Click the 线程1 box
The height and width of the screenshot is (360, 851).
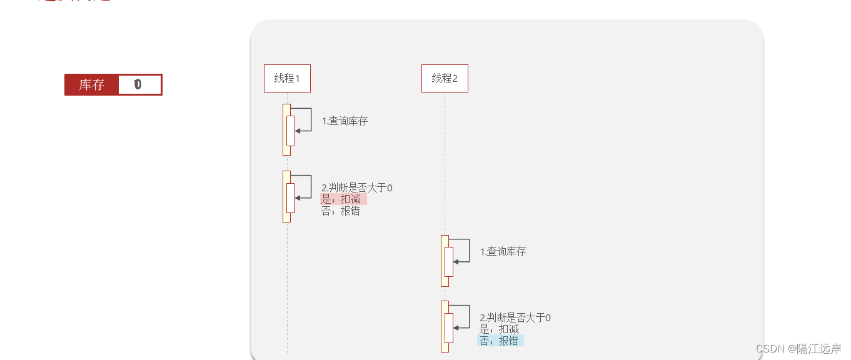click(x=287, y=78)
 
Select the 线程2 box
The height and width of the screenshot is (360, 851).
click(x=445, y=78)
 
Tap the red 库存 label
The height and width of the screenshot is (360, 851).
click(x=91, y=84)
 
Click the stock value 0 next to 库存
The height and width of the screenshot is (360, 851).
click(x=138, y=84)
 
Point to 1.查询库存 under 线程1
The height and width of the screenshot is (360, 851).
click(x=345, y=121)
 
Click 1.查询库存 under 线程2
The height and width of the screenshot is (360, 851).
click(x=503, y=252)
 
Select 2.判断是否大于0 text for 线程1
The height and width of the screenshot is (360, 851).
click(x=356, y=187)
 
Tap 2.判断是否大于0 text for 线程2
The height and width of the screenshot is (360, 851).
click(x=515, y=317)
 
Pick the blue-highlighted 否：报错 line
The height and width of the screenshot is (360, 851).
click(x=500, y=341)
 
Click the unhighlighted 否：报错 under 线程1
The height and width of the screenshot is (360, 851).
click(x=341, y=211)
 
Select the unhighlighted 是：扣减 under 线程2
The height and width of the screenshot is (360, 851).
click(x=499, y=329)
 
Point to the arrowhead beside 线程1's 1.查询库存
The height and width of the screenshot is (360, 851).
click(x=298, y=131)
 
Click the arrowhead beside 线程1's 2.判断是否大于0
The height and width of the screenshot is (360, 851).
click(x=298, y=197)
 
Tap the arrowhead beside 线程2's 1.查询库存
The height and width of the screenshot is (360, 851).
click(x=456, y=261)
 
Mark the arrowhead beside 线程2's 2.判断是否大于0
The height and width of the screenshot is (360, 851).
click(x=456, y=327)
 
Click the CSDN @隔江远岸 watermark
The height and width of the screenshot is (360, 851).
click(x=798, y=349)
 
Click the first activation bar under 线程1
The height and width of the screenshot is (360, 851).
click(x=286, y=129)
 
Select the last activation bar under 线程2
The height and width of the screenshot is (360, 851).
click(x=445, y=326)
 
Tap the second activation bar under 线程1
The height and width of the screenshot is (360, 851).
click(x=286, y=196)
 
